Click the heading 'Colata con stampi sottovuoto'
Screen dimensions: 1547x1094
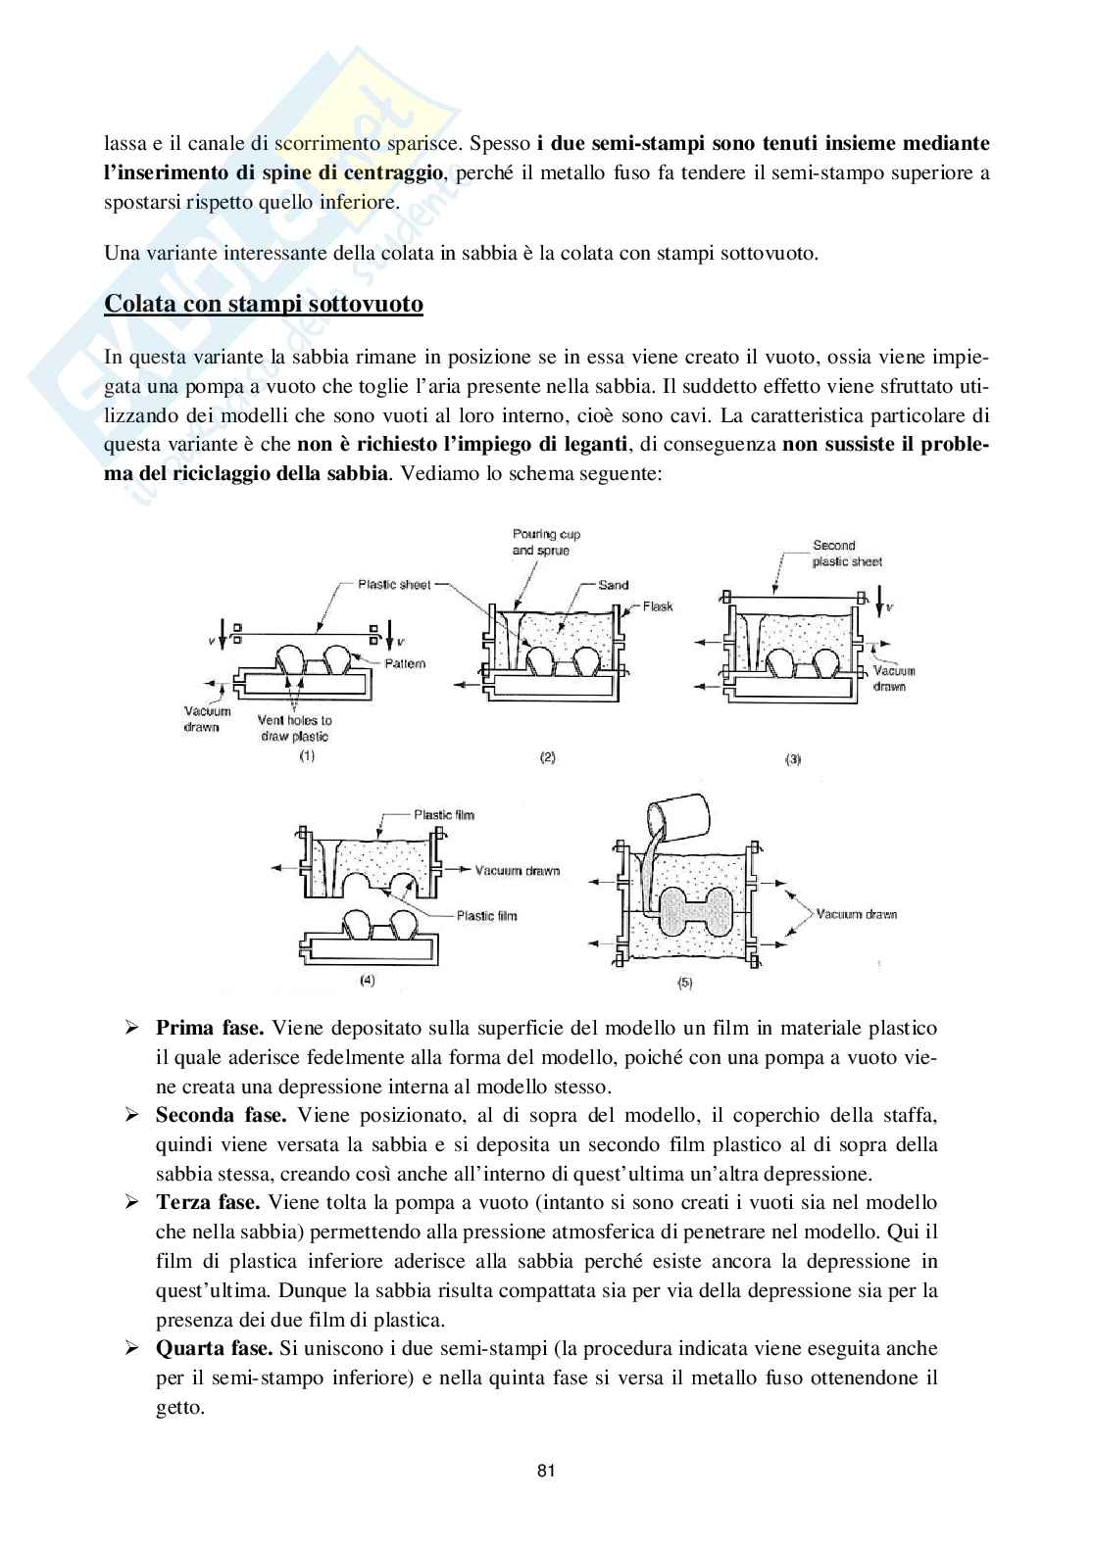coord(264,304)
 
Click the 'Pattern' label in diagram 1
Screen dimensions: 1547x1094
coord(404,663)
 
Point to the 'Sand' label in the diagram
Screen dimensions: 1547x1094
coord(613,585)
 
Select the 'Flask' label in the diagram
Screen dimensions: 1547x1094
coord(659,606)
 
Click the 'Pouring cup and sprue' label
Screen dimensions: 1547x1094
coord(547,542)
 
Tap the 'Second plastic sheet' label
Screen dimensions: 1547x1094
coord(847,553)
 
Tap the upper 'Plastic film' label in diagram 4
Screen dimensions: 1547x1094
coord(444,814)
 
